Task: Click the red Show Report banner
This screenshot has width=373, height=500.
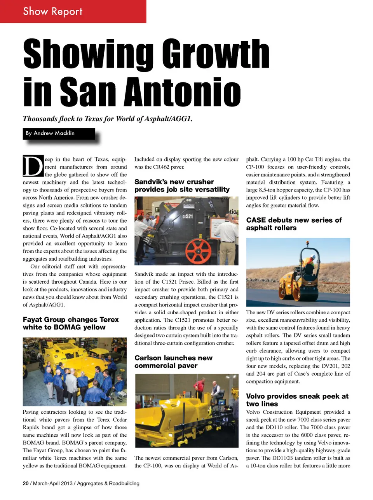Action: coord(73,11)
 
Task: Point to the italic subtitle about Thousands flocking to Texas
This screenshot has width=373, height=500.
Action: coord(107,118)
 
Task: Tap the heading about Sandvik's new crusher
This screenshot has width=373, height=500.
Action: coord(182,186)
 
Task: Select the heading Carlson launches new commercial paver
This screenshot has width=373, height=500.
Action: coord(173,362)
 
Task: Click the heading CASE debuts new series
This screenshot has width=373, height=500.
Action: coord(294,224)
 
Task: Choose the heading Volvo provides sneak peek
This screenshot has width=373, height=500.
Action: coord(297,400)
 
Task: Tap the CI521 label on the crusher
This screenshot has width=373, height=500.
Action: coord(188,216)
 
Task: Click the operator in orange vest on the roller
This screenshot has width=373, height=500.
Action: coord(309,264)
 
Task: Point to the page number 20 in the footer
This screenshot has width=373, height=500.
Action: coord(26,483)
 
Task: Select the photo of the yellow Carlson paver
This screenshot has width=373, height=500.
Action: coord(186,411)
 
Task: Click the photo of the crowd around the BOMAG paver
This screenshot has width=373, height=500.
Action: coord(75,371)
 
